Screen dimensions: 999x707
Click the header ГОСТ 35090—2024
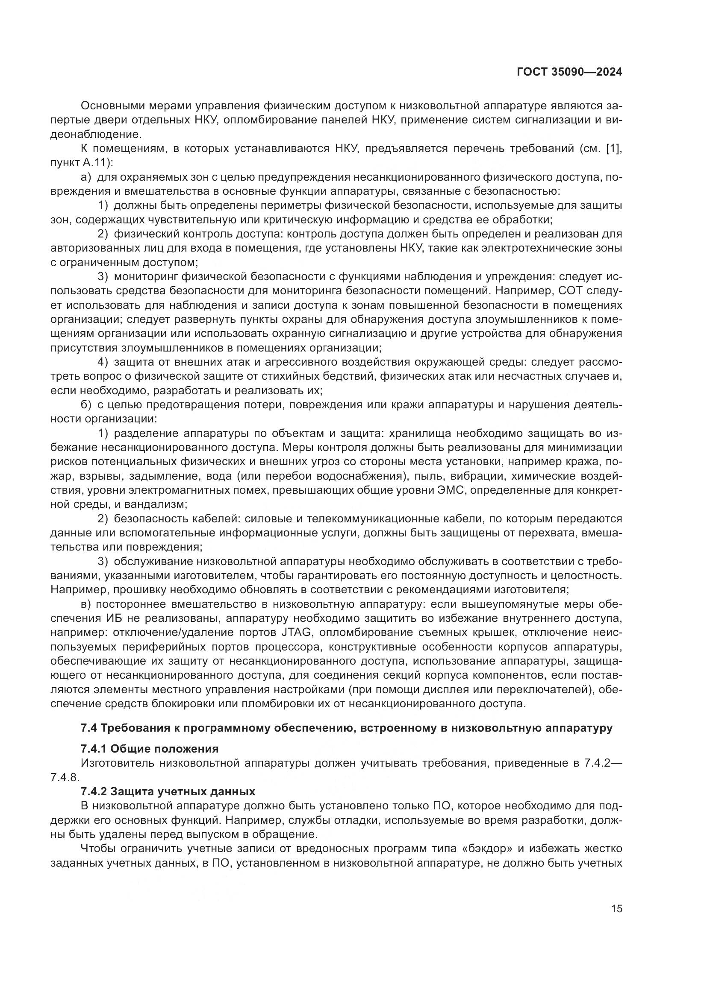(x=569, y=72)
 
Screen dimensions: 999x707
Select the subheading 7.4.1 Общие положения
(x=149, y=749)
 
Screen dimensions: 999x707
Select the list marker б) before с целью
(x=86, y=405)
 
